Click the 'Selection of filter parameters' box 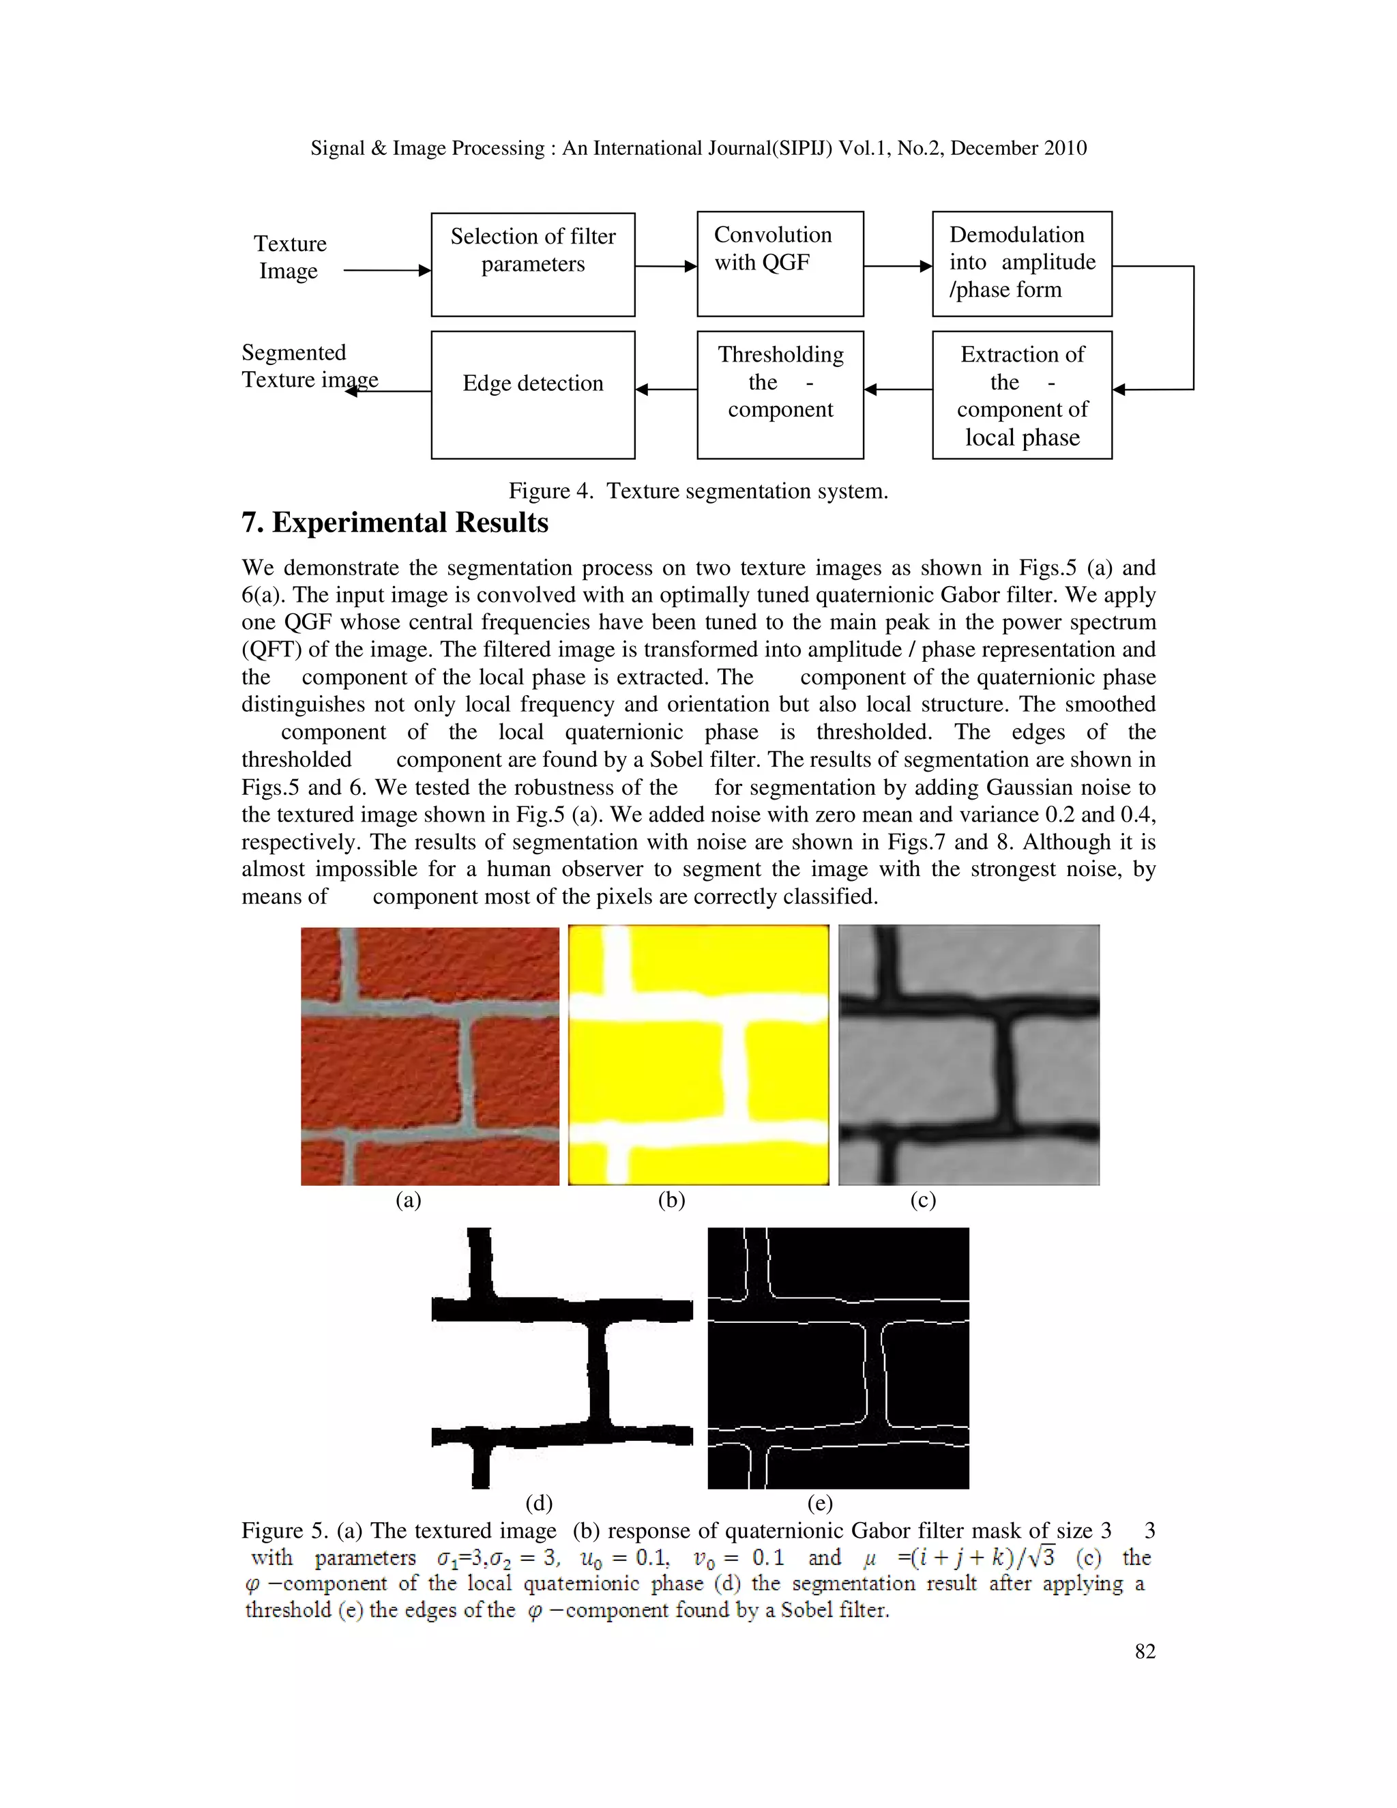point(533,264)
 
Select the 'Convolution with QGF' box point(780,264)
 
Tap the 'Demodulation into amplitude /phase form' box point(1021,264)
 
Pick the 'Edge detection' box point(533,394)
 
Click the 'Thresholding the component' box point(780,394)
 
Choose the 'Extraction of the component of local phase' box point(1021,394)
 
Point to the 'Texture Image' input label point(290,257)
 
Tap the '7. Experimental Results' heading point(395,523)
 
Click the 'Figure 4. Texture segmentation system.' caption point(698,491)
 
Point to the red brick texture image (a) point(430,1055)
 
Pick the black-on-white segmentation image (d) point(562,1358)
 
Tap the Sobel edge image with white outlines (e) point(838,1358)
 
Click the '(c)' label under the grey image point(923,1200)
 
